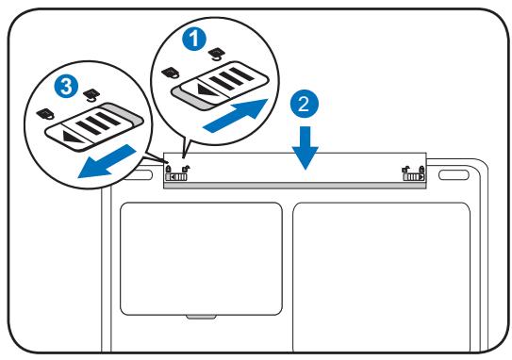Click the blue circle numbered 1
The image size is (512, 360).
click(x=194, y=40)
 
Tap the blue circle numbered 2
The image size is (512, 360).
click(x=305, y=104)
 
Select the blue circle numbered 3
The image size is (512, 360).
click(x=66, y=87)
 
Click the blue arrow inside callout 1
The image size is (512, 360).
click(x=236, y=115)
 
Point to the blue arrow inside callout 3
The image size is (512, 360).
click(x=107, y=162)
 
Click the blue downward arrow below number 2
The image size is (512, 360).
click(x=306, y=148)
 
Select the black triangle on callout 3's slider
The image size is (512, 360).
click(x=74, y=137)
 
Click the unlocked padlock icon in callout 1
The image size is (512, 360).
click(x=216, y=54)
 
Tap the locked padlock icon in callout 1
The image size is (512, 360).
click(x=171, y=74)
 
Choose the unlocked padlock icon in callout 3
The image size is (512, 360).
click(x=91, y=95)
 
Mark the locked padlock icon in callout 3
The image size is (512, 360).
click(x=44, y=114)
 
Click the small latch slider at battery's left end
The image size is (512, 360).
click(x=176, y=177)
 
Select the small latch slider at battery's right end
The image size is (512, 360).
click(x=414, y=177)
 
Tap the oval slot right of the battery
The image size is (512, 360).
click(x=454, y=174)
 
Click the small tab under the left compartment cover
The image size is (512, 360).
click(x=201, y=317)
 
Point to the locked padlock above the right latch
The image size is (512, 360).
click(x=421, y=170)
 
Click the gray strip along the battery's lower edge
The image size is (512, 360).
click(x=295, y=186)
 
